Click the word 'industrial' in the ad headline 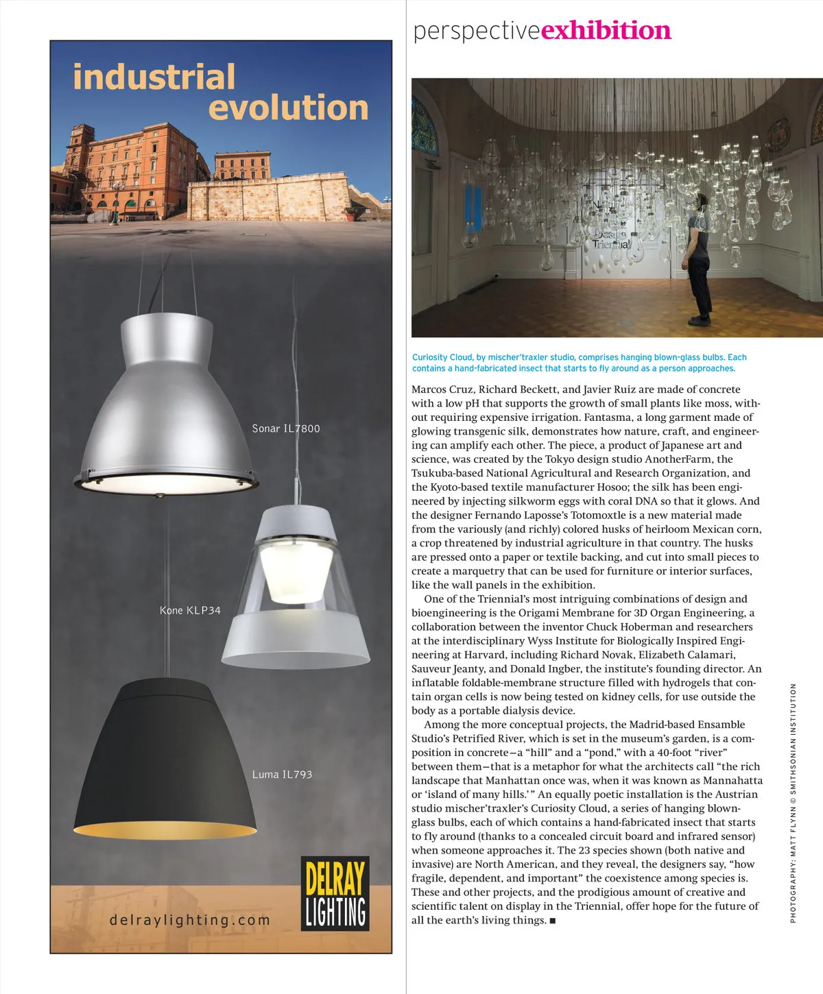pyautogui.click(x=154, y=77)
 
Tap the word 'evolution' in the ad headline pyautogui.click(x=288, y=108)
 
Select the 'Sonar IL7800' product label pyautogui.click(x=285, y=428)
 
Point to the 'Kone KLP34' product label pyautogui.click(x=190, y=610)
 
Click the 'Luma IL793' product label pyautogui.click(x=282, y=775)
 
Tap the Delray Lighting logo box pyautogui.click(x=335, y=893)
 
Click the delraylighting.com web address pyautogui.click(x=190, y=920)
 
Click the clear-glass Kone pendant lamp pyautogui.click(x=296, y=590)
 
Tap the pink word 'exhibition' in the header pyautogui.click(x=606, y=31)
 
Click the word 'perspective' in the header pyautogui.click(x=477, y=32)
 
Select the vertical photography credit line pyautogui.click(x=793, y=802)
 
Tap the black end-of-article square pyautogui.click(x=553, y=920)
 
